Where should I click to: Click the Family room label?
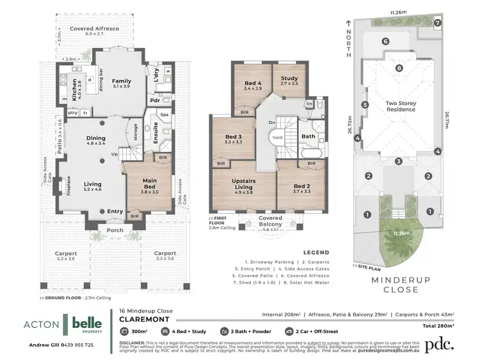coord(121,82)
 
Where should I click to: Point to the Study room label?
coord(289,79)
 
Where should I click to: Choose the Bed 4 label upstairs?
coord(253,85)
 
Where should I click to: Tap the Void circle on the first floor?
coord(276,137)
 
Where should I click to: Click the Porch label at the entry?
coord(115,231)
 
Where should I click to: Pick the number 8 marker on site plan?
coord(399,69)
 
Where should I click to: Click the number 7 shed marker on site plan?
coord(438,22)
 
